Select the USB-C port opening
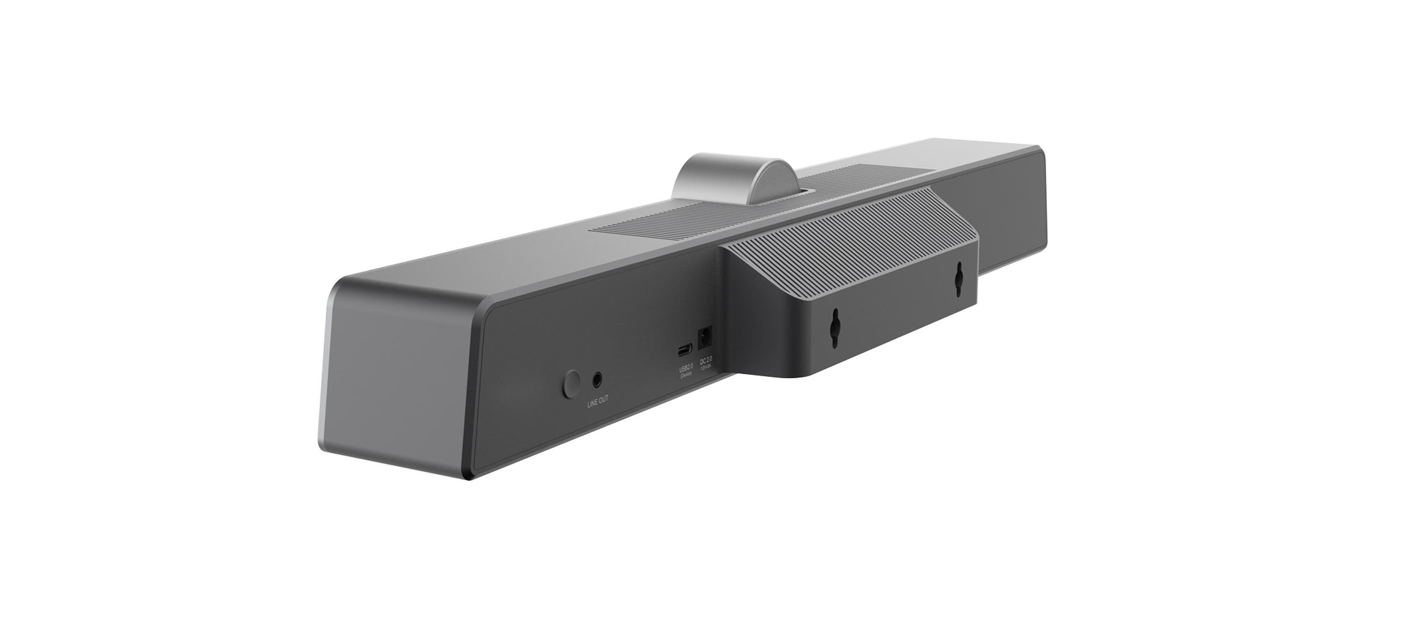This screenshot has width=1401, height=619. coord(685,350)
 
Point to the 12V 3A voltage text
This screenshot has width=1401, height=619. coord(708,362)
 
